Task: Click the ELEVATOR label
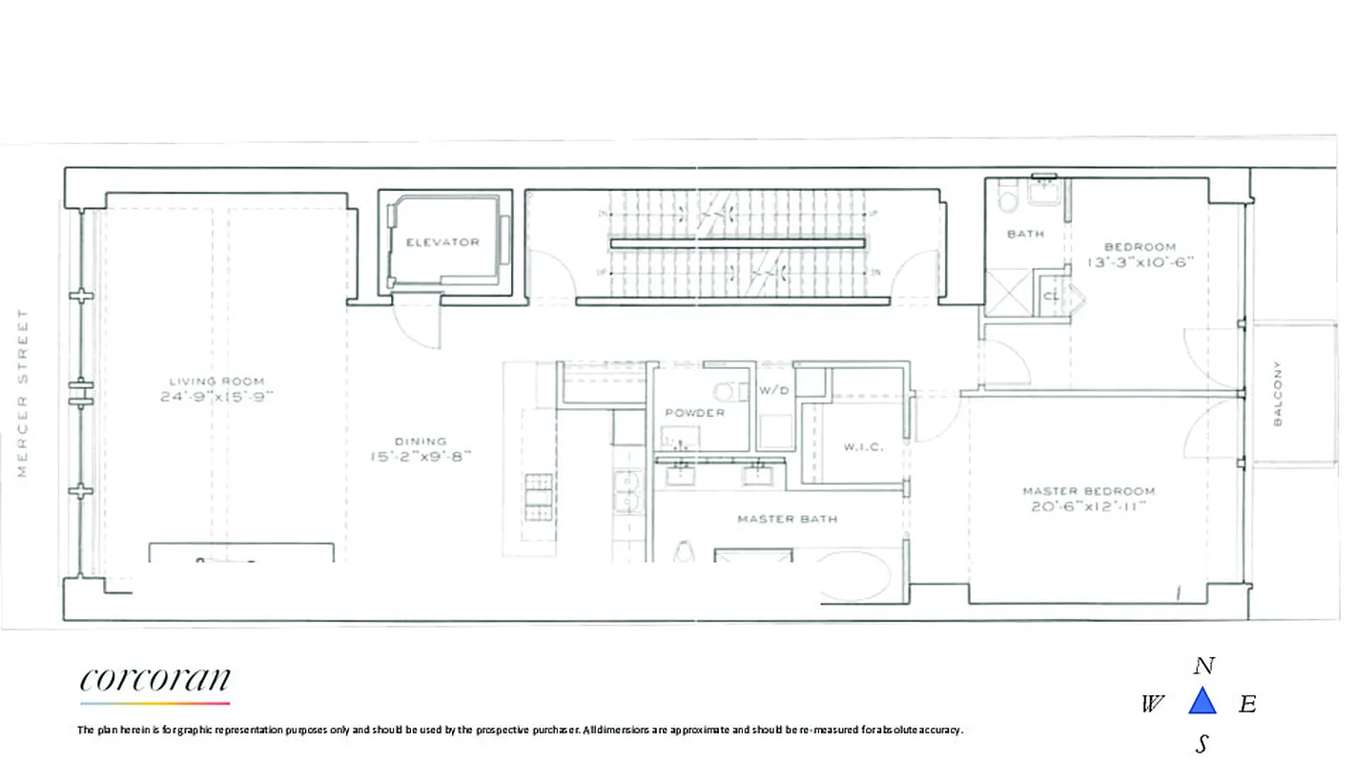pos(442,242)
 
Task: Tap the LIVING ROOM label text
pos(216,381)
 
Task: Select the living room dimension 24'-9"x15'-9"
pos(216,398)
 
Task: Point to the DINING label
pos(421,442)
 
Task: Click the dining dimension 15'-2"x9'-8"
pos(421,457)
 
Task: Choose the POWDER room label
pos(694,413)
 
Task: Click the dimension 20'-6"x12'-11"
pos(1088,507)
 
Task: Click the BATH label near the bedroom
pos(1025,234)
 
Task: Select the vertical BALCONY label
pos(1278,393)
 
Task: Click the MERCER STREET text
pos(23,393)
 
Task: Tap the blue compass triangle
pos(1202,702)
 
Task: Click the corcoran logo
pos(155,681)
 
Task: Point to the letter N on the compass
pos(1203,666)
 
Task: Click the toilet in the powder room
pos(728,391)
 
